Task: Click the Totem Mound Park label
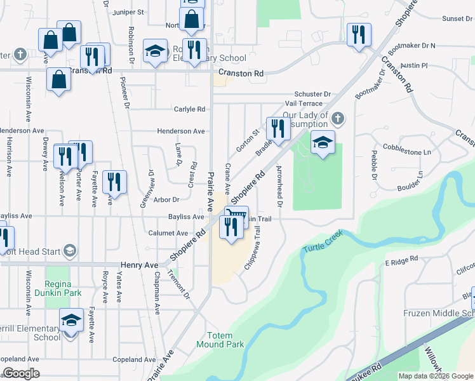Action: [225, 340]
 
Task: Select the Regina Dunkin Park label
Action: [64, 289]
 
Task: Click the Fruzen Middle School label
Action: [439, 314]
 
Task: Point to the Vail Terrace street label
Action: [304, 103]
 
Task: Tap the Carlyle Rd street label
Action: [190, 109]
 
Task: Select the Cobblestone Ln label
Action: [410, 152]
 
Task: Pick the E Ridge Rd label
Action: [401, 259]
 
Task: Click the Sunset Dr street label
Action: [454, 19]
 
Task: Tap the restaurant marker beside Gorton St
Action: [277, 129]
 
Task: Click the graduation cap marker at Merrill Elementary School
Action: [71, 320]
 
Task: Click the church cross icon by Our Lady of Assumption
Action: [338, 119]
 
